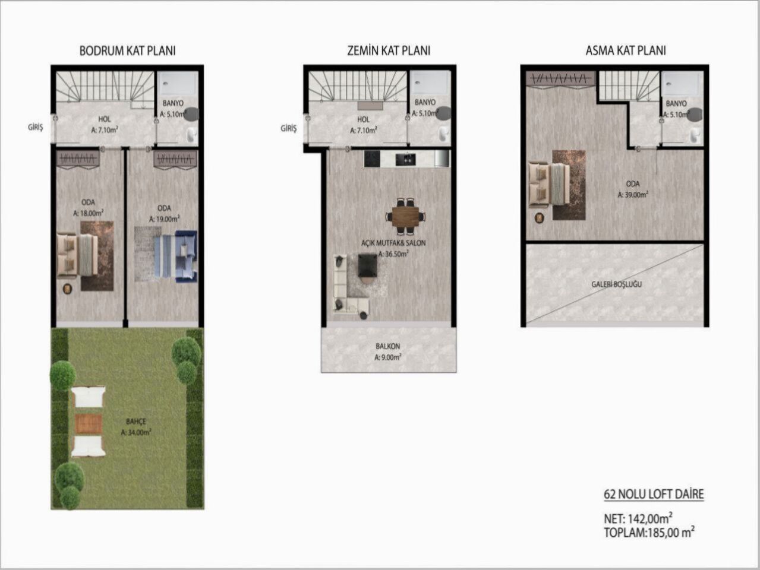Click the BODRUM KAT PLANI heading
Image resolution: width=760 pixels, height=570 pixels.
point(127,51)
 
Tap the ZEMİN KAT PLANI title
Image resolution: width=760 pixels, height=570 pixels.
point(389,51)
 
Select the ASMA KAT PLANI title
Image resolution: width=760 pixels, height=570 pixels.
point(625,51)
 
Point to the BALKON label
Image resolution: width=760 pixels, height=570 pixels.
point(387,346)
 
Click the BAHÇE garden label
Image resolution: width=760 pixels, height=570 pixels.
point(135,422)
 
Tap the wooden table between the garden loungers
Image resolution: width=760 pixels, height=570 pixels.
point(88,422)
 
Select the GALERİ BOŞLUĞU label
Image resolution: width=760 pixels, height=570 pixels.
point(616,284)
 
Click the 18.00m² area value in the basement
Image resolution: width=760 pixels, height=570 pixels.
point(89,213)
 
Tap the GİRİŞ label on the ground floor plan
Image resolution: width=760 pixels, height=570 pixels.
point(288,128)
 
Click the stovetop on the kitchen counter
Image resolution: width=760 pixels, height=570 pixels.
point(372,159)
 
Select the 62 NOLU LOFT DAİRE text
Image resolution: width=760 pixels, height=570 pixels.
point(653,494)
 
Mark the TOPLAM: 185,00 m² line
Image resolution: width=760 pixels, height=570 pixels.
point(649,533)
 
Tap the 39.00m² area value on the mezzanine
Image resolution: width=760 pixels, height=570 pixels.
point(632,194)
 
